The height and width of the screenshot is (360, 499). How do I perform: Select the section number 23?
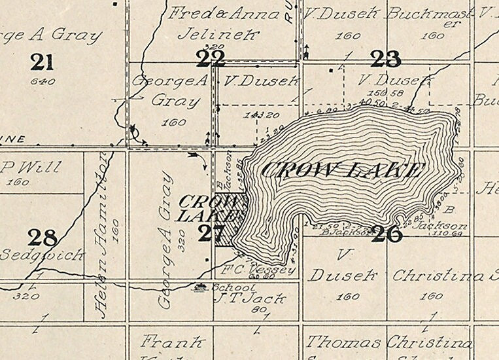pyautogui.click(x=385, y=59)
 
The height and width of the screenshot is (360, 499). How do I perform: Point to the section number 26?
pyautogui.click(x=386, y=234)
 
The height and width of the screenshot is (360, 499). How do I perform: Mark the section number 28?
pyautogui.click(x=43, y=237)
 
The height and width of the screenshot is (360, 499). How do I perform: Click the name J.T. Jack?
pyautogui.click(x=250, y=299)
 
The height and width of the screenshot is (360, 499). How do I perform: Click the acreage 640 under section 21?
pyautogui.click(x=43, y=82)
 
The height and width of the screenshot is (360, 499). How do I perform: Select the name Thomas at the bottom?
pyautogui.click(x=343, y=342)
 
